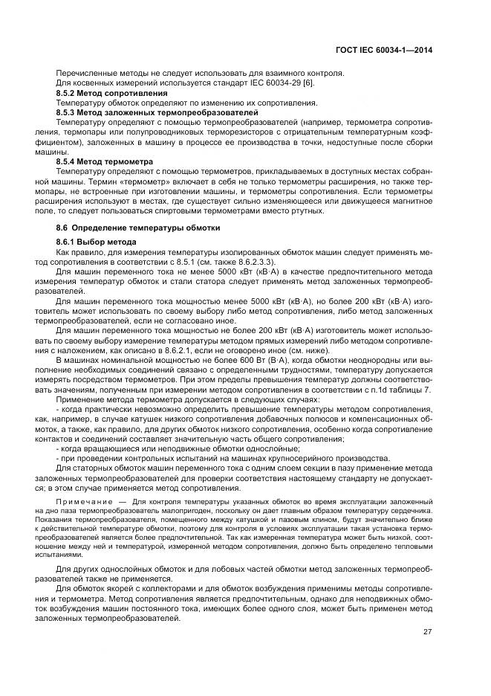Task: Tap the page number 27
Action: pos(428,632)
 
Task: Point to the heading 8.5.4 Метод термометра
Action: pos(105,161)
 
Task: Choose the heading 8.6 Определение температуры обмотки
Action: pos(138,227)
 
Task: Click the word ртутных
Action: pos(308,210)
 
